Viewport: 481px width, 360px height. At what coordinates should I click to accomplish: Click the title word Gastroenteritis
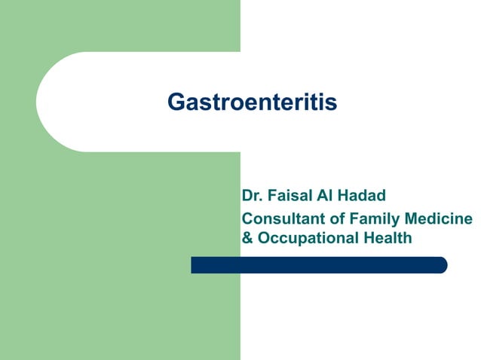252,102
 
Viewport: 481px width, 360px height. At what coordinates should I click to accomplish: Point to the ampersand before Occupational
247,238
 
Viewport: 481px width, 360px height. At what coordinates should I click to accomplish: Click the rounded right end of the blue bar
443,265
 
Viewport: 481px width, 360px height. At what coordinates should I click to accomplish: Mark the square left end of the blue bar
194,265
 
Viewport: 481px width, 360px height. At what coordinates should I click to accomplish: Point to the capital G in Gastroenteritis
175,102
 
